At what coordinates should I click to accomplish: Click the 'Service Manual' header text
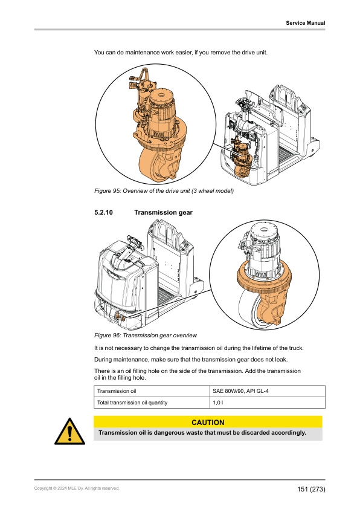tap(305, 23)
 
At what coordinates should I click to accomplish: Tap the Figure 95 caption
tap(164, 191)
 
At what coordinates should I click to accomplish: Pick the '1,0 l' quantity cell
tap(218, 403)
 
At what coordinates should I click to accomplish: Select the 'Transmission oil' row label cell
tap(117, 391)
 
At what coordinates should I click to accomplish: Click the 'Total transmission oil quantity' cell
tap(132, 403)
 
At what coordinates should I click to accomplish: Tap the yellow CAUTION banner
tap(207, 422)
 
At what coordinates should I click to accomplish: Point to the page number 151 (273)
tap(310, 488)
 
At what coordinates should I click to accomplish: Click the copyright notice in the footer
tap(77, 488)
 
